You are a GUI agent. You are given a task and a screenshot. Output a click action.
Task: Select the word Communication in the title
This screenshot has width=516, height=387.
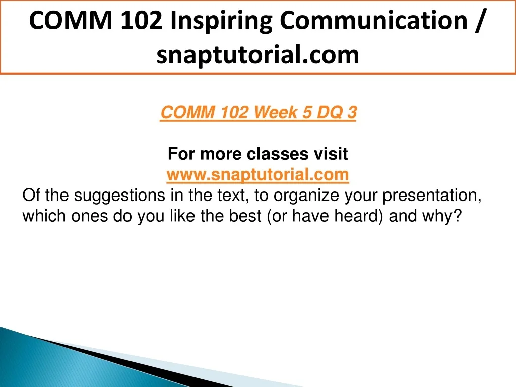(373, 20)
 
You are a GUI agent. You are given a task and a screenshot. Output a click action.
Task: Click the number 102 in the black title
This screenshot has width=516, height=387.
(141, 20)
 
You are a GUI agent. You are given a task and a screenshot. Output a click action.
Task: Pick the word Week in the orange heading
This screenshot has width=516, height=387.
(276, 112)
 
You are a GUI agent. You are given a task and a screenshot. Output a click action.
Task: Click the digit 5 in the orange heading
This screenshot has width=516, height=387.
(307, 112)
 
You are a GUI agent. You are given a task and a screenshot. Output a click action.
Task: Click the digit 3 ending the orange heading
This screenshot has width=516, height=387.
(352, 112)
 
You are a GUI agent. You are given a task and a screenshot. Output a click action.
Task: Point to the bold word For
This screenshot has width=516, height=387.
(181, 154)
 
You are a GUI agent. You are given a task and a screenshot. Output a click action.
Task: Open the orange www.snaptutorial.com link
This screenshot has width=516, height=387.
(257, 174)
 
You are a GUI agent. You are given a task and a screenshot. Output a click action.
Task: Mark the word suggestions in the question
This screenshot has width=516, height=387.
(119, 196)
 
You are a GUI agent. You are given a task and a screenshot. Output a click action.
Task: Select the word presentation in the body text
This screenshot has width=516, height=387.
(429, 196)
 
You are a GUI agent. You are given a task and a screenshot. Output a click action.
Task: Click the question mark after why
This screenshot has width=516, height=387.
(458, 216)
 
